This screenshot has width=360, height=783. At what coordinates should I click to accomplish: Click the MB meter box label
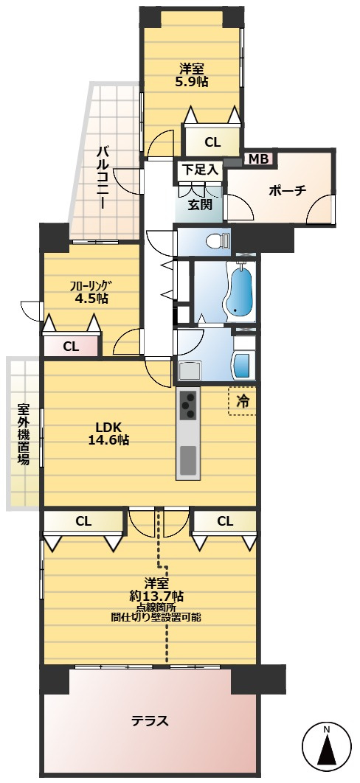click(x=258, y=159)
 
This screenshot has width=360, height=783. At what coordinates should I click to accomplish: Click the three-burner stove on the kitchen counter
click(x=187, y=405)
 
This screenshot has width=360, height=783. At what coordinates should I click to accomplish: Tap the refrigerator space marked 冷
click(x=242, y=400)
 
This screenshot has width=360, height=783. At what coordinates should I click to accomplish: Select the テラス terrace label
click(x=150, y=720)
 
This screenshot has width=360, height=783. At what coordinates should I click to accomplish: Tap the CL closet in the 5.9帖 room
click(x=212, y=142)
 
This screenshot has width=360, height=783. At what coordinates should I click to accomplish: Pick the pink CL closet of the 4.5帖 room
click(x=71, y=346)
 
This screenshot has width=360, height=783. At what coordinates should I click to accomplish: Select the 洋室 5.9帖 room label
click(x=192, y=75)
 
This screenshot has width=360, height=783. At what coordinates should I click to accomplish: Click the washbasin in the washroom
click(x=244, y=366)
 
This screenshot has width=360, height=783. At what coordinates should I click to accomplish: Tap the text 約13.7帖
click(x=156, y=595)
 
